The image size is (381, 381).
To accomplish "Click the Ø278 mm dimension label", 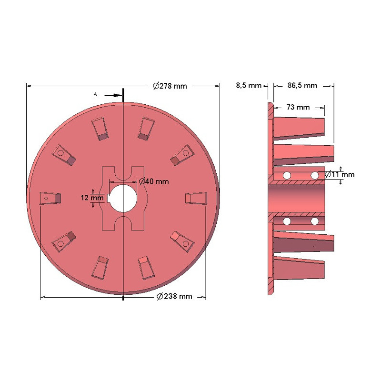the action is [170, 86].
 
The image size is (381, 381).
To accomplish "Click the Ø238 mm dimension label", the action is [174, 296].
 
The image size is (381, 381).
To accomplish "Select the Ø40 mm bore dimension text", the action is [154, 181].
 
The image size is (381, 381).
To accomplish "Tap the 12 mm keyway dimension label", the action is [92, 198].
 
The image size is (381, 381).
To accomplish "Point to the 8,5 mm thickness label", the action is [249, 86].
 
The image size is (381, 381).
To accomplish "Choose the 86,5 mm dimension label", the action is [302, 86].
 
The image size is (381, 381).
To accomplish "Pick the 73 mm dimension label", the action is [298, 107].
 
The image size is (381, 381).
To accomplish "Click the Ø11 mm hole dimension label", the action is [340, 174].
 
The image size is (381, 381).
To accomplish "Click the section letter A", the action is [95, 94].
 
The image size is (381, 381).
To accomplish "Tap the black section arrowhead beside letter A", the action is [118, 96].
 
